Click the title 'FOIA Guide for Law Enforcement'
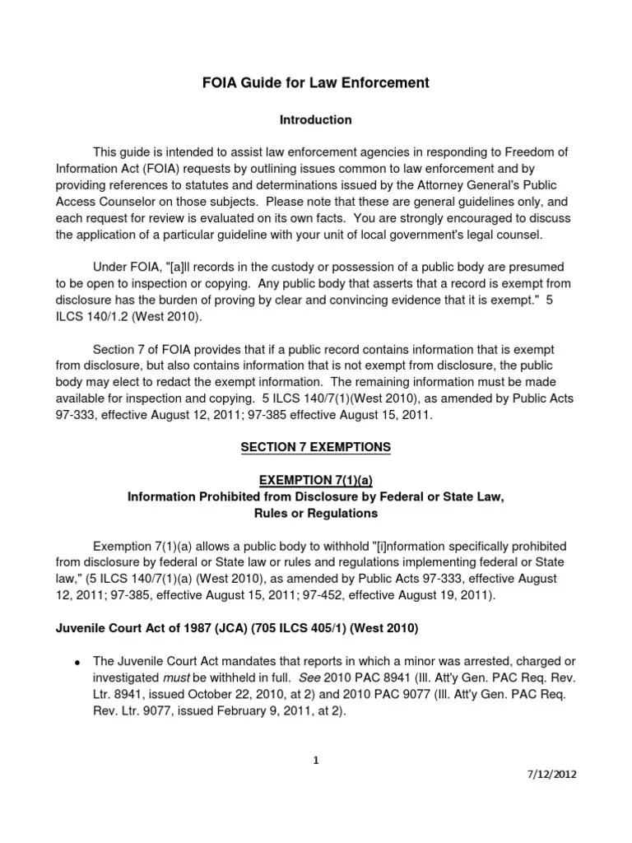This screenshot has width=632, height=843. [315, 82]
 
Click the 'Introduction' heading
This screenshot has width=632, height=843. [315, 120]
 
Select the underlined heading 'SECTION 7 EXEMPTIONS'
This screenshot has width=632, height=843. [315, 448]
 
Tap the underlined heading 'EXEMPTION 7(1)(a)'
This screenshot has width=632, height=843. [315, 481]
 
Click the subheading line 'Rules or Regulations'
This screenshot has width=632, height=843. [315, 513]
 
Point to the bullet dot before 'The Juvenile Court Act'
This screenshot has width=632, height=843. [76, 664]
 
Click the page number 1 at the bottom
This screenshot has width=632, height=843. [315, 760]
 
